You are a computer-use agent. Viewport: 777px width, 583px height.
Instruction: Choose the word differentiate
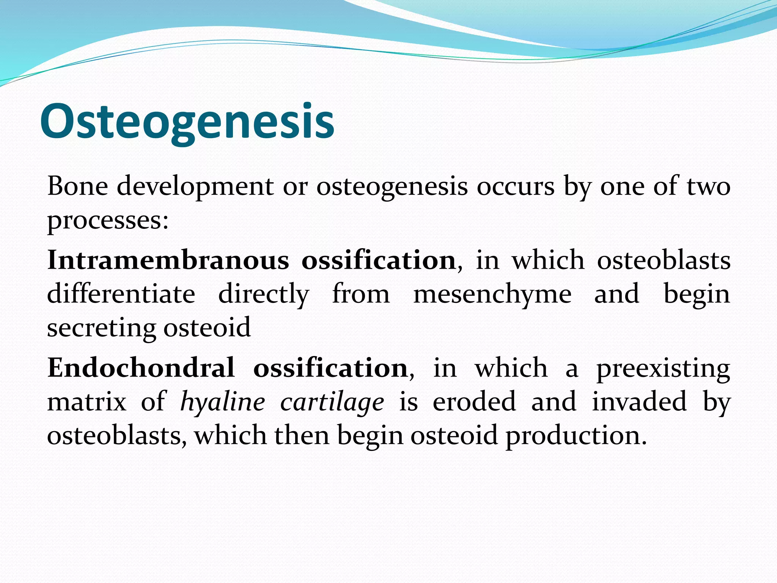click(x=121, y=294)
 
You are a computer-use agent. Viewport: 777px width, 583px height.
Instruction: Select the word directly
click(x=264, y=294)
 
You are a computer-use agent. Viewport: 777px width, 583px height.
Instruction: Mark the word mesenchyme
click(x=492, y=294)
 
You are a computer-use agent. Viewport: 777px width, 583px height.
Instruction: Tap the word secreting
click(x=101, y=328)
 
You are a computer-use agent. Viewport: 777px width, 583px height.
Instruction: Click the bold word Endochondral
click(x=141, y=368)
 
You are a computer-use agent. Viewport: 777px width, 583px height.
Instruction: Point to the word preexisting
click(x=663, y=368)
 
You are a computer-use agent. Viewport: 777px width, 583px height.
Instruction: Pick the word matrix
click(x=87, y=402)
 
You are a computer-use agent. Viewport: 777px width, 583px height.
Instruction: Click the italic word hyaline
click(x=222, y=402)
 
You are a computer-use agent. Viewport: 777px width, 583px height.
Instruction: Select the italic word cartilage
click(x=332, y=402)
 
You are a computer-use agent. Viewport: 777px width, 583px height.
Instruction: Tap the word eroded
click(x=474, y=402)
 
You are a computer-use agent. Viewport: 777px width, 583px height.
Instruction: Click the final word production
click(x=576, y=435)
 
